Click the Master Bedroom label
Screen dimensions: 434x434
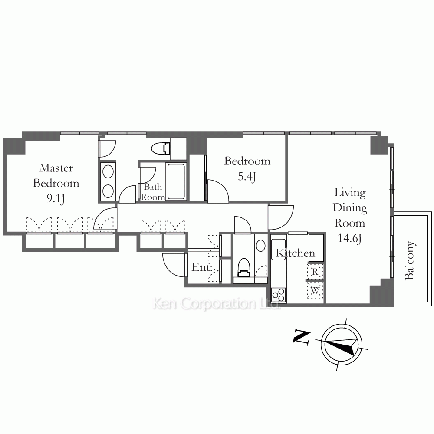point(56,175)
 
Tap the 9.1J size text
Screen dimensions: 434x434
point(56,198)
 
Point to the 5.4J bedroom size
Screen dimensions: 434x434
point(247,176)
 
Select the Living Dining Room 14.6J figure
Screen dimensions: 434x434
point(349,238)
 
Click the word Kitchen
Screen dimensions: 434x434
point(295,253)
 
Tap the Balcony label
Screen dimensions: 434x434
point(410,260)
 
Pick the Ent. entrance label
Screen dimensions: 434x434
point(201,267)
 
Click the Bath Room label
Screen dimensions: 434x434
point(153,192)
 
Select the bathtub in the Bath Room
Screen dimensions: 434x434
point(176,181)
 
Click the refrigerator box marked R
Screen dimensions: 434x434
point(315,272)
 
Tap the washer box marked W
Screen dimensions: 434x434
point(315,291)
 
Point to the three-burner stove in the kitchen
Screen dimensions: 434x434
point(279,295)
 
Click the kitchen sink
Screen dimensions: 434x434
point(279,249)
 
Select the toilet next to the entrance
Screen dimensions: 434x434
point(244,267)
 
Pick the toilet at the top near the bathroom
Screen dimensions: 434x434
point(161,148)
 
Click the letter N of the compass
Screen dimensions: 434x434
point(302,337)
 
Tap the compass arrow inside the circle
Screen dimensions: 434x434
point(342,346)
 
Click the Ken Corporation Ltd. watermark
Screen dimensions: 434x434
point(216,303)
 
